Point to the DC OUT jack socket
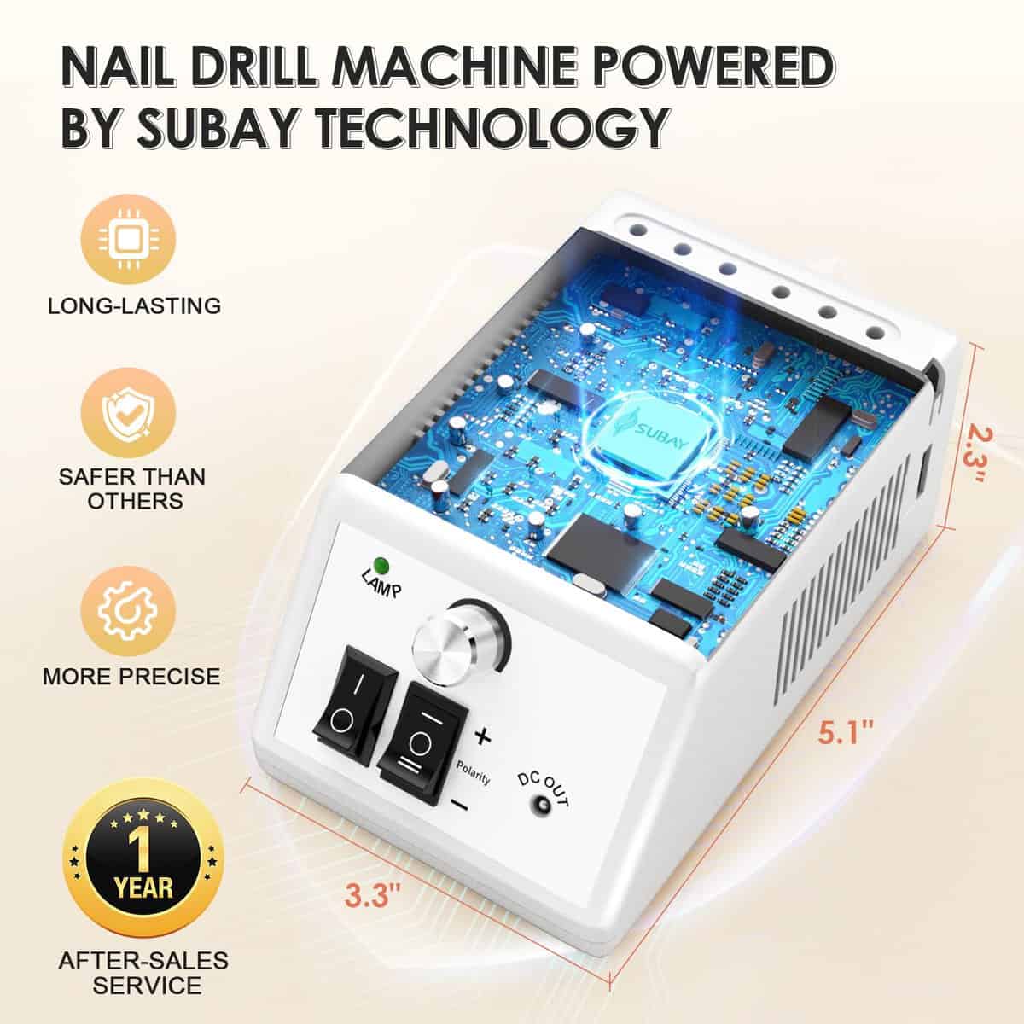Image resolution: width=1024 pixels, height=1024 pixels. [x=543, y=819]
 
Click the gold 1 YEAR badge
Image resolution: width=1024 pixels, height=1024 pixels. [x=143, y=859]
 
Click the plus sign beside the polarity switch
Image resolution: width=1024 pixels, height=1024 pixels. [x=482, y=736]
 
